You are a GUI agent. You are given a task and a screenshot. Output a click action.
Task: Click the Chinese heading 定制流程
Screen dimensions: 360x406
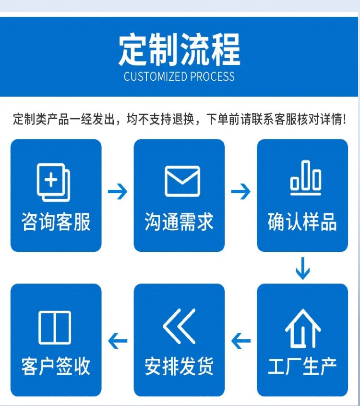click(x=180, y=49)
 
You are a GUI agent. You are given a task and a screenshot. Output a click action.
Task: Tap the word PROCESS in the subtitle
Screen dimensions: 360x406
click(x=212, y=77)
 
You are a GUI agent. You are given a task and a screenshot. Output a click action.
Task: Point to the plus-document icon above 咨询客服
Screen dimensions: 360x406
click(x=54, y=182)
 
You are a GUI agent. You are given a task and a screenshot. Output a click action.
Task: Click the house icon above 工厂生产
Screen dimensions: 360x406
click(x=303, y=328)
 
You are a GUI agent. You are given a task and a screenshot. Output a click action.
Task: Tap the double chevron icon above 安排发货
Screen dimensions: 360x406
click(x=179, y=327)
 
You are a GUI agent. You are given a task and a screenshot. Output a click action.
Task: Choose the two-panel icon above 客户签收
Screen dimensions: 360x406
click(x=55, y=327)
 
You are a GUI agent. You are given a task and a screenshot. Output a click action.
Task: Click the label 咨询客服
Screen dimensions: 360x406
click(x=56, y=222)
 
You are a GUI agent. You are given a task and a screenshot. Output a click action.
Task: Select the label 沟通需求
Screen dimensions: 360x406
click(x=179, y=222)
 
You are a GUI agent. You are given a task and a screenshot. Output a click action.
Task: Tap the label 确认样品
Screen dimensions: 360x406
click(x=302, y=222)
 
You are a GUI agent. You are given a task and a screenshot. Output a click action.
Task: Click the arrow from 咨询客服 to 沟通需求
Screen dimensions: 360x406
click(x=118, y=192)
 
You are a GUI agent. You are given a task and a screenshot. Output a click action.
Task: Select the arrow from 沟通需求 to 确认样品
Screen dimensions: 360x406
click(x=241, y=192)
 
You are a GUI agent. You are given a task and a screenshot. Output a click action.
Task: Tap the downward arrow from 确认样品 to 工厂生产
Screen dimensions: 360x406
click(x=302, y=269)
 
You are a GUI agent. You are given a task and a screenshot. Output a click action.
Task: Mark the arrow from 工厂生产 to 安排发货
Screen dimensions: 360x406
click(x=241, y=342)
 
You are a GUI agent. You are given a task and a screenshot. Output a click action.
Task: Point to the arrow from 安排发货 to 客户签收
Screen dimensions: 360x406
click(x=118, y=342)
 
